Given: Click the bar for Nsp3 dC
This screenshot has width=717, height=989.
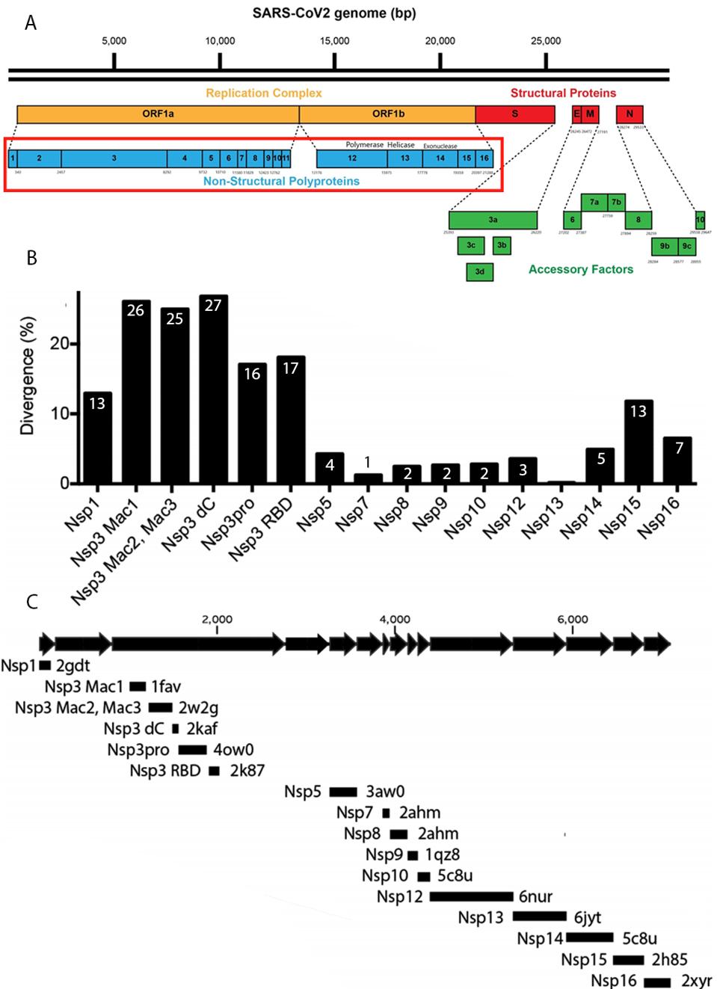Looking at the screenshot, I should coord(213,389).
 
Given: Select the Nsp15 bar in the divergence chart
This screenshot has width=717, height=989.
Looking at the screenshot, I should coord(638,441).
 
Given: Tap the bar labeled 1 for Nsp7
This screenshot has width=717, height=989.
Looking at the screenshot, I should coord(367,478).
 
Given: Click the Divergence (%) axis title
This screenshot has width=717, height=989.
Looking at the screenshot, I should coord(28,376).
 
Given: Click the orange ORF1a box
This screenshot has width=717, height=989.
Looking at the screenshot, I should coord(158,114).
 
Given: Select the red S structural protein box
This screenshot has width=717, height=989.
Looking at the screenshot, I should coord(514,114).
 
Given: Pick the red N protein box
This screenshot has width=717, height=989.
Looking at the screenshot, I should coord(630,114).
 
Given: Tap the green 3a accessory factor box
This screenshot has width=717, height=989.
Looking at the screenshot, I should coord(493,220).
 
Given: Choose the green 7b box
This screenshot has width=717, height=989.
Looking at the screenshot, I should coord(616,202).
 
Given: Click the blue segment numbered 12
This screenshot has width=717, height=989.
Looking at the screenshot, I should coord(352,158).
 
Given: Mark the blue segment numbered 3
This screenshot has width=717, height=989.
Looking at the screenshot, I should coord(114,158).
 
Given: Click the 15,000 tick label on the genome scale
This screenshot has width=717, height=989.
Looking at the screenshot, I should coord(334,41).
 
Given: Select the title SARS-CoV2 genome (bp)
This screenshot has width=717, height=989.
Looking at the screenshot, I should coord(334,13).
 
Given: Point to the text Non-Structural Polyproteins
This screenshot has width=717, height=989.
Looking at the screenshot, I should coord(281,181).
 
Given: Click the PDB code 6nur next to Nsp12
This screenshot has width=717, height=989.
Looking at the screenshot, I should coord(535,896).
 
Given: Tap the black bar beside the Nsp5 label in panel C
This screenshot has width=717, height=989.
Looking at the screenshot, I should coord(343,792).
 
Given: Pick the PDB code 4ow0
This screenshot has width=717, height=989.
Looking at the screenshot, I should coord(233,750).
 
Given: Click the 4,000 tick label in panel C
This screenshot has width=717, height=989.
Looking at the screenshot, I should coord(394,619).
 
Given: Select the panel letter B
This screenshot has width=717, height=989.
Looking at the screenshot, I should coord(31,258).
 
